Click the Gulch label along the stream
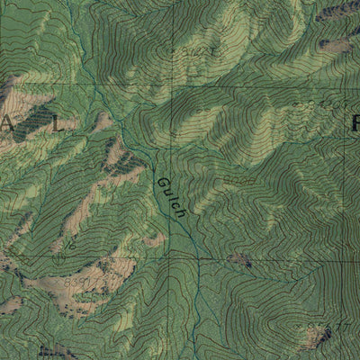coord(171,198)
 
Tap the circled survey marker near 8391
coord(59,257)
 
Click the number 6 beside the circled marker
coord(68,245)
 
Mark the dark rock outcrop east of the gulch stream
coord(240,260)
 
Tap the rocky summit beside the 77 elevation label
coord(316,337)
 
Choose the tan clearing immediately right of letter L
coord(103,121)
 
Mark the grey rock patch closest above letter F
coord(337,45)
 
